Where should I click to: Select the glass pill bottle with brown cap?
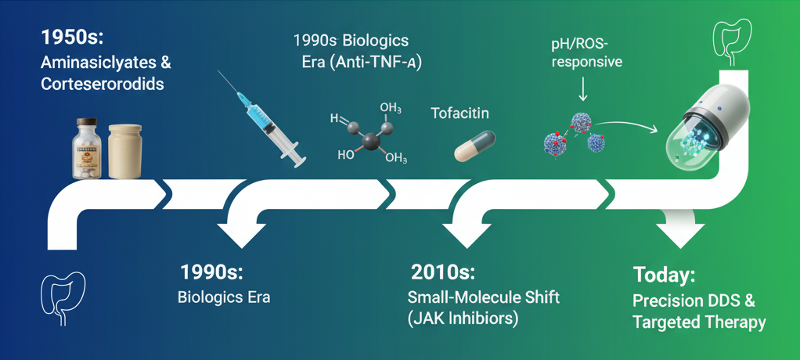tap(87, 148)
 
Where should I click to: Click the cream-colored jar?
tap(125, 152)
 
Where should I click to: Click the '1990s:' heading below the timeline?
tap(212, 272)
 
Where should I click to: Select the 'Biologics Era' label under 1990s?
tap(223, 297)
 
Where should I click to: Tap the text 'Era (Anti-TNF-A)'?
tap(356, 65)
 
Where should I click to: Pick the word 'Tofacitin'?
tap(460, 113)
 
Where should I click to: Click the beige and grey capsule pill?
tap(474, 146)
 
